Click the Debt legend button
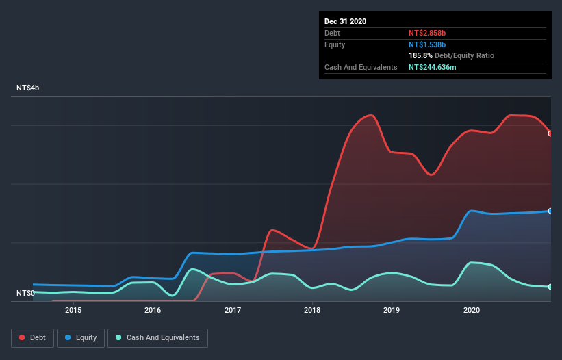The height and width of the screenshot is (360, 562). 31,337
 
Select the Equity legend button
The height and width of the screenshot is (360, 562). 81,337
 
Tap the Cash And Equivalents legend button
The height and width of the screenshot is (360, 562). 157,337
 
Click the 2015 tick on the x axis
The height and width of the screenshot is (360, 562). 73,310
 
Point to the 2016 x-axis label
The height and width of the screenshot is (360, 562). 153,310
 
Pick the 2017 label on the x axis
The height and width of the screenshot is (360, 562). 233,310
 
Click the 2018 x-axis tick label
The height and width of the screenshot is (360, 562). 312,310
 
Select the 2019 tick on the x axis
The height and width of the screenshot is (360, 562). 392,310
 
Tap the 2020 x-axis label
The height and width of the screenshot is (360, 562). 472,310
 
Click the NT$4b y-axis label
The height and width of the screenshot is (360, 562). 29,88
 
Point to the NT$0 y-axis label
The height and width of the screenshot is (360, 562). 26,293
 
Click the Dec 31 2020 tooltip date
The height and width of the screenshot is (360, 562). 345,21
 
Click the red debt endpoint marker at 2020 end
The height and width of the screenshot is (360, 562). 550,133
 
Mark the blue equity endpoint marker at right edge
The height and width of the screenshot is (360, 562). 550,211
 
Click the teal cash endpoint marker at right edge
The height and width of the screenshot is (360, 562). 550,287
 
